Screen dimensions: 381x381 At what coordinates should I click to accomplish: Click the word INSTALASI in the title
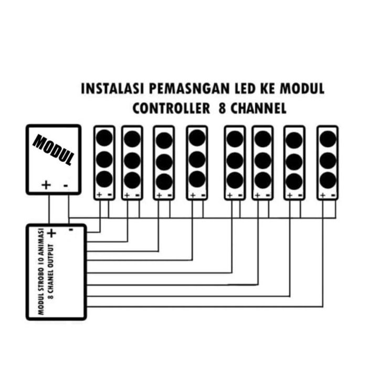tap(112, 89)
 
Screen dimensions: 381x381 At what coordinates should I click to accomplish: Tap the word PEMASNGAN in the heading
tap(189, 89)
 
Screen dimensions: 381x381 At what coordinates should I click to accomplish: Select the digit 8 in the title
tap(222, 108)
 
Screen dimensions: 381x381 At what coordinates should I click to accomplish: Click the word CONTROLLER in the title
tap(171, 108)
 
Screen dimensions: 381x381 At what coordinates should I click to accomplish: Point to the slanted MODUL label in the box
tap(54, 150)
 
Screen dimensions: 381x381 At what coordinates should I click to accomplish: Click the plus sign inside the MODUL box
tap(46, 185)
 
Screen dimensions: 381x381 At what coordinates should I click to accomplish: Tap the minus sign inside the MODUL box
tap(66, 186)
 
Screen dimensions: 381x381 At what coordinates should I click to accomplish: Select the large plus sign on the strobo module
tap(51, 233)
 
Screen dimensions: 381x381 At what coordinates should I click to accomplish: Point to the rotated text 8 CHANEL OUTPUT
tap(51, 271)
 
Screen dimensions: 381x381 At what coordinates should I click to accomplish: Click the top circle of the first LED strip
tap(104, 138)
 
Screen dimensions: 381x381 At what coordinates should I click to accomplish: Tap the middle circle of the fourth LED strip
tap(197, 160)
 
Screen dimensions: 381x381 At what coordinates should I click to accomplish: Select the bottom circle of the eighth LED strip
tap(328, 180)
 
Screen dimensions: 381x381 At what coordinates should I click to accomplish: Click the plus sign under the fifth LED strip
tap(230, 195)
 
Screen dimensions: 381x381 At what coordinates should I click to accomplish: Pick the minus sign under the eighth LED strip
tap(333, 195)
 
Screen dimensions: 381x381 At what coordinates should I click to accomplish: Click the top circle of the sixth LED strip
tap(263, 139)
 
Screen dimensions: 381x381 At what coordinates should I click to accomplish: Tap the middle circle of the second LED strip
tap(132, 160)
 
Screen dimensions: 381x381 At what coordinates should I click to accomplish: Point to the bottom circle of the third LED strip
tap(164, 182)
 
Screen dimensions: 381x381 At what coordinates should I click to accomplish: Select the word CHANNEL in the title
tap(258, 108)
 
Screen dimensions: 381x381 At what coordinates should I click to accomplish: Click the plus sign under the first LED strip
tap(99, 195)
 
